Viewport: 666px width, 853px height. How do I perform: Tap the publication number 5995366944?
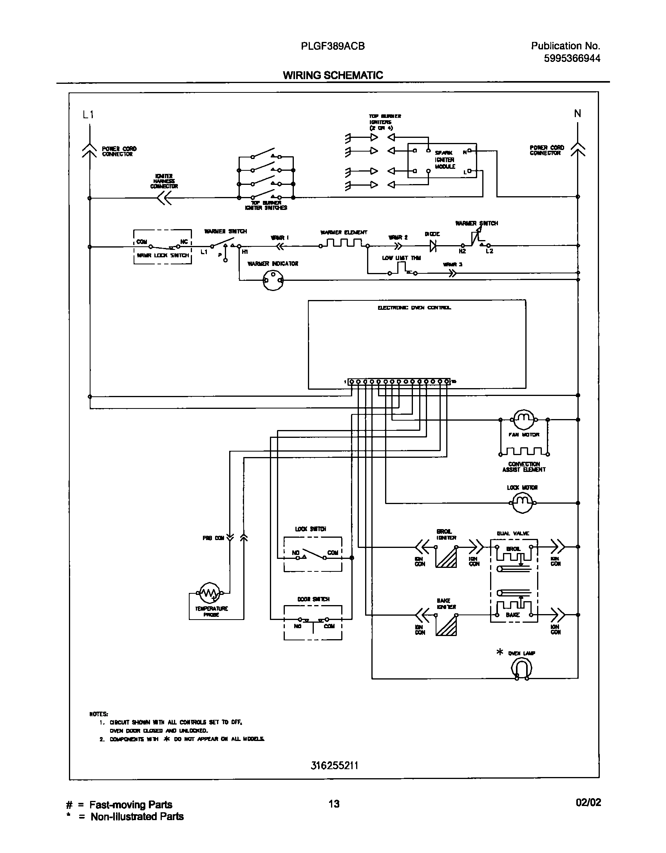572,58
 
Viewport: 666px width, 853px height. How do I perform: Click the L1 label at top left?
88,115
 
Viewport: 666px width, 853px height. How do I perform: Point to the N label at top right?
577,114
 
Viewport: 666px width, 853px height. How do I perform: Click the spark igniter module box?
442,160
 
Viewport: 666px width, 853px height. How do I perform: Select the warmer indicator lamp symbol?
273,280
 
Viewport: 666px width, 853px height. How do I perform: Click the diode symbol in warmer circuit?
433,246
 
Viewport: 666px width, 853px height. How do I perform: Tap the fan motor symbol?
524,420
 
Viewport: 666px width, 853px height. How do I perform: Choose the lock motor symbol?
523,503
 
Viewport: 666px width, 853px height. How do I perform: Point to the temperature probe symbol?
211,593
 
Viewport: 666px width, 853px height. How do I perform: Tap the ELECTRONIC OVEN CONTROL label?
414,307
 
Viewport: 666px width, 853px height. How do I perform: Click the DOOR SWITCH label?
313,599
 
